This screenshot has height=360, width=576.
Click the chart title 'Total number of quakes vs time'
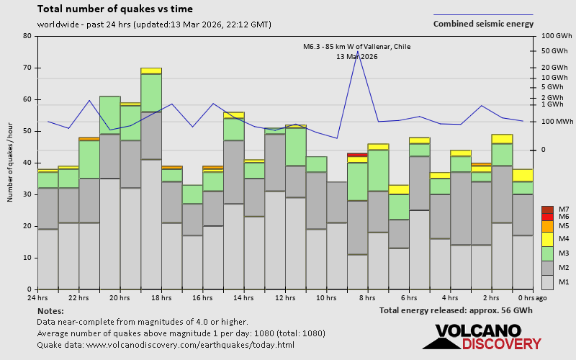tap(114, 9)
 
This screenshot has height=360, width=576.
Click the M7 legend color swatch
tap(547, 210)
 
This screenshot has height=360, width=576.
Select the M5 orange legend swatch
tap(547, 226)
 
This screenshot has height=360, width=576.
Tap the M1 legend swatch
tap(547, 281)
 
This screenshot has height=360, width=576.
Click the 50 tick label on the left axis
tap(27, 131)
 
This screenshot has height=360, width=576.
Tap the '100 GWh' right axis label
tap(556, 36)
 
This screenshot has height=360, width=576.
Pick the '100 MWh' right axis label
tap(557, 122)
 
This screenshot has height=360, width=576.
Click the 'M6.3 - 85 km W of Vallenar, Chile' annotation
tap(356, 47)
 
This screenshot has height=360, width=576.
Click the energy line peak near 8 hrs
tap(358, 52)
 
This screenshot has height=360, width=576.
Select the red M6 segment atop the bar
tap(357, 154)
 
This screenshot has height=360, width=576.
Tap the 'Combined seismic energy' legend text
tap(483, 24)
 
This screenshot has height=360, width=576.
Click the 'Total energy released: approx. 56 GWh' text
tap(456, 310)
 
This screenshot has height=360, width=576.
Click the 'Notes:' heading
tap(50, 310)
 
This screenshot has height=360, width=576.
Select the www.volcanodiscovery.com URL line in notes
tap(166, 345)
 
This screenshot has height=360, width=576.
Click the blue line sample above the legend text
tap(483, 14)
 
